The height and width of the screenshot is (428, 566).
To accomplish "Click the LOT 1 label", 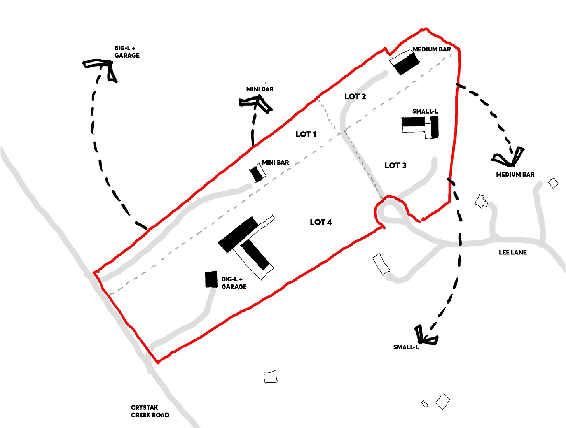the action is pyautogui.click(x=306, y=134).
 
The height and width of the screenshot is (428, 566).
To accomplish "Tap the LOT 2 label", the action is pyautogui.click(x=355, y=96).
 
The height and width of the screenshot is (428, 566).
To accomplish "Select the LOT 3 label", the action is pyautogui.click(x=395, y=165).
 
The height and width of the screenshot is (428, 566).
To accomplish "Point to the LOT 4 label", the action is pyautogui.click(x=321, y=222).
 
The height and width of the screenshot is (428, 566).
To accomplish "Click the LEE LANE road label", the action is pyautogui.click(x=512, y=253).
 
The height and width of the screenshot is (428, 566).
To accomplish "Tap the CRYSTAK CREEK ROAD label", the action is pyautogui.click(x=150, y=411).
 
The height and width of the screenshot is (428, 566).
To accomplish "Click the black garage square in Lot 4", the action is pyautogui.click(x=211, y=279).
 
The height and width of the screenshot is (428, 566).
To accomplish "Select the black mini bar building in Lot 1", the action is pyautogui.click(x=256, y=174).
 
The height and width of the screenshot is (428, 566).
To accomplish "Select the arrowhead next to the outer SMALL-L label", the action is pyautogui.click(x=424, y=337).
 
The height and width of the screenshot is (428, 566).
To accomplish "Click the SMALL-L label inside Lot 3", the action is pyautogui.click(x=425, y=112).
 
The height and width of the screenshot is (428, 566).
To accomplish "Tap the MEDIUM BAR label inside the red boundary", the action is pyautogui.click(x=431, y=49).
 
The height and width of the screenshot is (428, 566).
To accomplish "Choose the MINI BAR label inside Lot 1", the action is pyautogui.click(x=275, y=162).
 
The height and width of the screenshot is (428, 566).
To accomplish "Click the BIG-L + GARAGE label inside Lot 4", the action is pyautogui.click(x=234, y=283).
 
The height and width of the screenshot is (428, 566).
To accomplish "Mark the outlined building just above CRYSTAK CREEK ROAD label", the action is pyautogui.click(x=271, y=377).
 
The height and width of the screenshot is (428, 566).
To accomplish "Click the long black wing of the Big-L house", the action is pyautogui.click(x=238, y=234).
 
